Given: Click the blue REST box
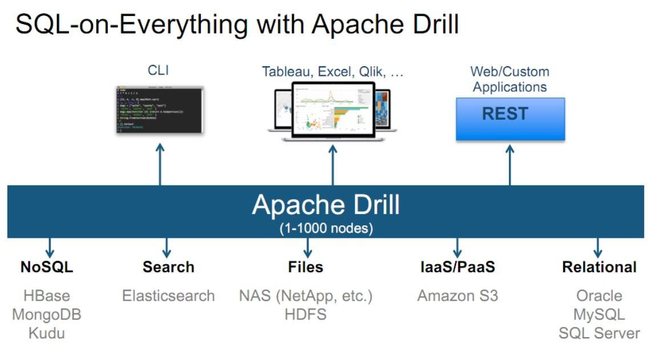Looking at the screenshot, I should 510,119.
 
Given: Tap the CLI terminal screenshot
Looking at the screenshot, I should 160,110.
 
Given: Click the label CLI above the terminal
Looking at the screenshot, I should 158,70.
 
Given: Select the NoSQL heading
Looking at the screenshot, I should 47,267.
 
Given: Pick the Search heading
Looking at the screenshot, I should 168,267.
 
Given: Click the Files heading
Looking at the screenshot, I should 306,267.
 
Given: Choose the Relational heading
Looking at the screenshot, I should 599,267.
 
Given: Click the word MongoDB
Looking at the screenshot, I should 47,314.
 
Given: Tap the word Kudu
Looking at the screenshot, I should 47,333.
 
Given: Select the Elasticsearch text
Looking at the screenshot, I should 168,296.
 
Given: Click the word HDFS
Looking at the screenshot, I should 306,314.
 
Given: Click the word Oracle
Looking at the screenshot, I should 599,296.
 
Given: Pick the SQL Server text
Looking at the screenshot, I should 599,333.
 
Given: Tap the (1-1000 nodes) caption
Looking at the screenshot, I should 326,228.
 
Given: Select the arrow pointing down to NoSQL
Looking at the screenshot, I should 50,246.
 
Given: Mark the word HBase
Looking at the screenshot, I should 47,296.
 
